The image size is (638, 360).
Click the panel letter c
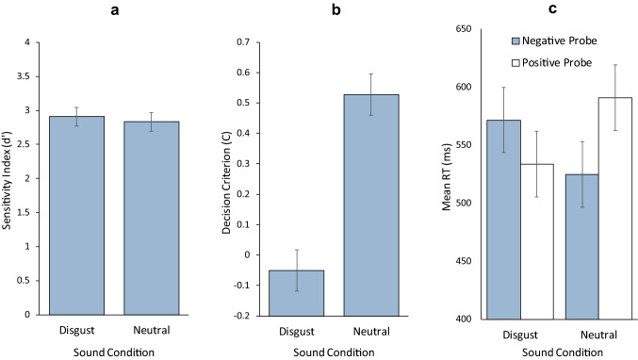coord(552,11)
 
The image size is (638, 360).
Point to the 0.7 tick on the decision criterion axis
coord(246,42)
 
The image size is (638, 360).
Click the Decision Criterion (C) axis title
coord(224,179)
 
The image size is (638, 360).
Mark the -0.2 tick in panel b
coord(244,315)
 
